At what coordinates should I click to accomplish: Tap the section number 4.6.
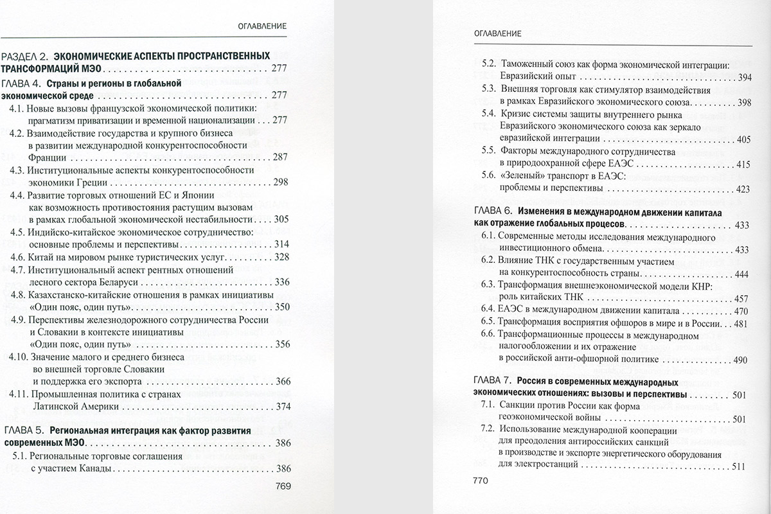point(17,257)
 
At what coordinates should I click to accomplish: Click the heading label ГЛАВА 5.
point(24,430)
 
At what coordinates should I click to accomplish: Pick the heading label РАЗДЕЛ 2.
point(24,56)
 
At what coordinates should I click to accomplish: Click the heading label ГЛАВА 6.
point(493,213)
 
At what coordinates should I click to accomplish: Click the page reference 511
point(741,466)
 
